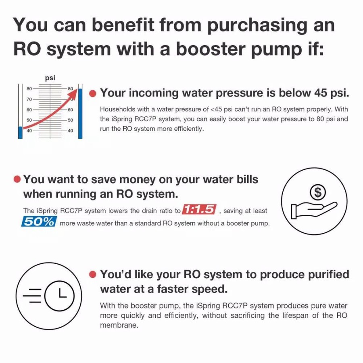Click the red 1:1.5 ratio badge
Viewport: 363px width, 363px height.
199,209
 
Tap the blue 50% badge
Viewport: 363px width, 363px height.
39,221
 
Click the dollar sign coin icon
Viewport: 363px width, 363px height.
318,192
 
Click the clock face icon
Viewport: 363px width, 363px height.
59,296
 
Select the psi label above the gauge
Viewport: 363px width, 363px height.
50,78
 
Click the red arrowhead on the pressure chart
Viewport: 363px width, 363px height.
74,94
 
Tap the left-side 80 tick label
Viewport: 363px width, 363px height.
29,89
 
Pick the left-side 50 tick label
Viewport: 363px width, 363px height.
29,120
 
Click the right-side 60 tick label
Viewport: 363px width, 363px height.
70,110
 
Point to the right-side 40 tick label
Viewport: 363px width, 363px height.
70,131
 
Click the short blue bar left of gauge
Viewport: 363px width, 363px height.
21,133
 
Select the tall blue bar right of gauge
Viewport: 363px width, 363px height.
80,113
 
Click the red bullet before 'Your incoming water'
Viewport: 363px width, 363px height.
93,94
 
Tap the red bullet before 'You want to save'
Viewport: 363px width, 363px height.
17,179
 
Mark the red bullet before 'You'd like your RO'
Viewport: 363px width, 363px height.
93,274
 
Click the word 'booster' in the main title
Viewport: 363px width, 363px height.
211,49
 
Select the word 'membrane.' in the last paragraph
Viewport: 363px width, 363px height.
119,325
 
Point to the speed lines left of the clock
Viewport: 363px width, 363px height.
32,296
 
